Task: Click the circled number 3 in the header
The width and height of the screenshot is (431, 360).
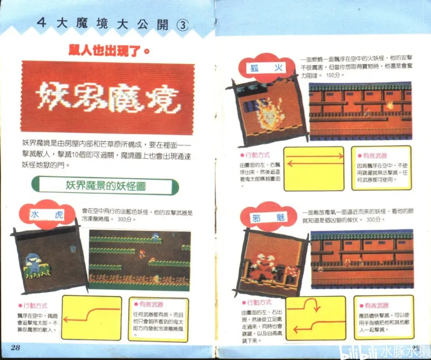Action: click(182, 25)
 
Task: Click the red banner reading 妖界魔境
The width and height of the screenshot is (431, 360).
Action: click(107, 98)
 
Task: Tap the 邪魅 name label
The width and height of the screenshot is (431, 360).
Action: click(268, 218)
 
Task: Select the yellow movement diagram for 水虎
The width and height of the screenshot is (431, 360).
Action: click(92, 317)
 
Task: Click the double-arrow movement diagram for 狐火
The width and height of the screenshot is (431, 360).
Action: click(313, 168)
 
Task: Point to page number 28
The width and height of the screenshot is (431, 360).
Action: click(16, 347)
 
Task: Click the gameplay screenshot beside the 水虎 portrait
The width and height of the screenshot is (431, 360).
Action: click(140, 260)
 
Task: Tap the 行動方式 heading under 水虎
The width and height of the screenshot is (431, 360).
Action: click(33, 306)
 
